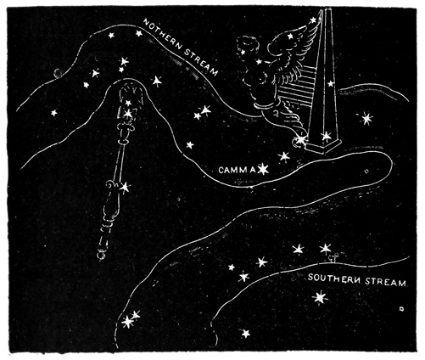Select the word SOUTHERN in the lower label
(x=333, y=280)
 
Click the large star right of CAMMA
(x=263, y=170)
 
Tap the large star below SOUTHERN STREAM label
(x=319, y=297)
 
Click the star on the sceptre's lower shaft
(x=125, y=186)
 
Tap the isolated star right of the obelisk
(x=366, y=117)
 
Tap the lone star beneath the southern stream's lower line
(x=246, y=333)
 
